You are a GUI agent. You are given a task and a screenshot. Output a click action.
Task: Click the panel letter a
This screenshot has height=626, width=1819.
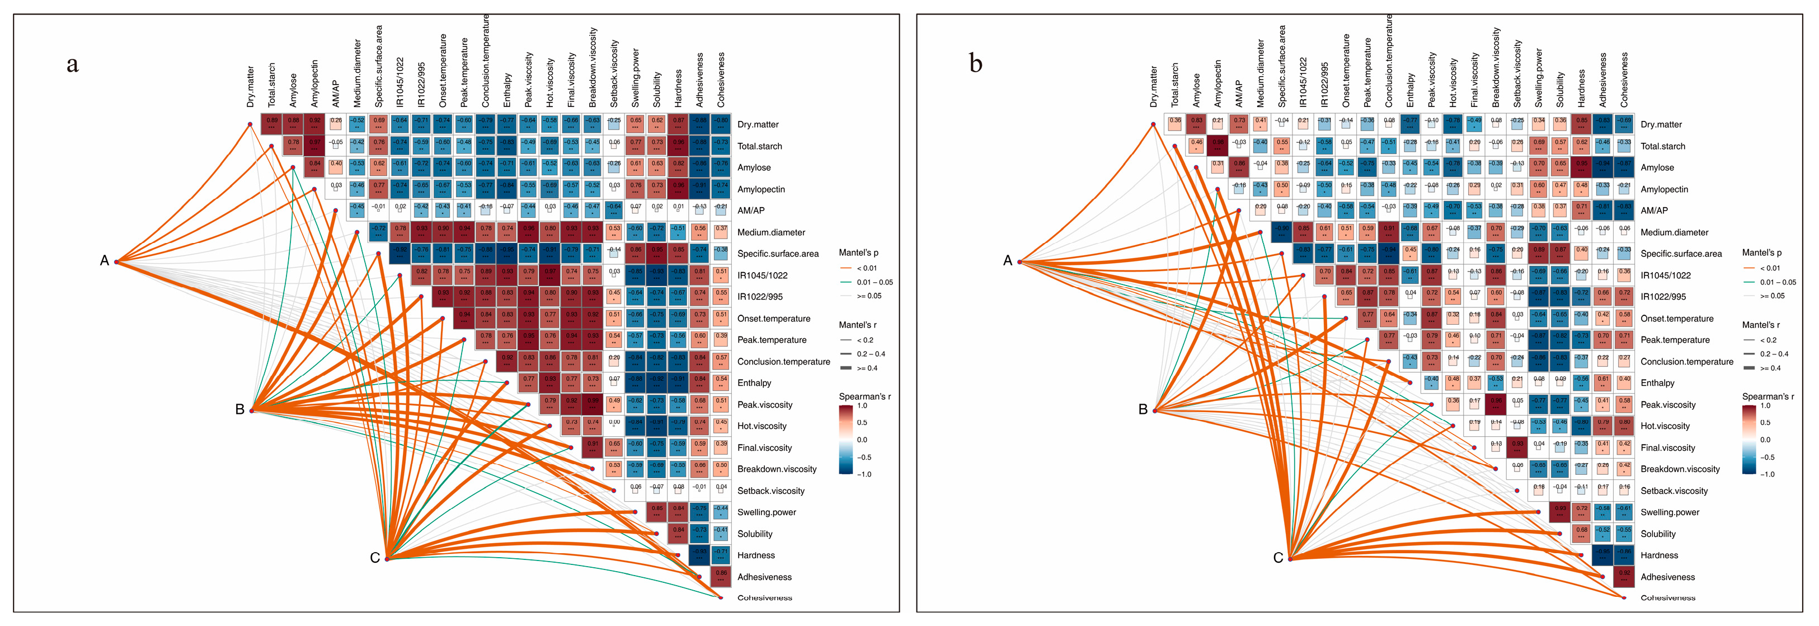pos(72,64)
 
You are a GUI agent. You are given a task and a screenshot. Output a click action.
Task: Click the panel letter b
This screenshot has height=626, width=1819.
pos(975,64)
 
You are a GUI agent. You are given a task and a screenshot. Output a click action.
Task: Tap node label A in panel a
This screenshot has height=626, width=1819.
pos(105,261)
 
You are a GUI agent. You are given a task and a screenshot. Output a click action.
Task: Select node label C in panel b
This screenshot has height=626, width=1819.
pos(1277,558)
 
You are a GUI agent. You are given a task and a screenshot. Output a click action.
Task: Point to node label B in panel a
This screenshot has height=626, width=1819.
pos(239,409)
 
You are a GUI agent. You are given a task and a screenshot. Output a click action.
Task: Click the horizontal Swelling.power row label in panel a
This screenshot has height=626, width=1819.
pos(766,512)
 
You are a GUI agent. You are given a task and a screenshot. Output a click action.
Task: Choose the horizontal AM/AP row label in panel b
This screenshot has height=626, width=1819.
pos(1654,211)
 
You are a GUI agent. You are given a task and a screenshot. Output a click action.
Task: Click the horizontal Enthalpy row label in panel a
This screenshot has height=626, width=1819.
pos(754,383)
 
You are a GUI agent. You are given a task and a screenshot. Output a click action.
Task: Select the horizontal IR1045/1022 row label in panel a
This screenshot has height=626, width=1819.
pos(762,275)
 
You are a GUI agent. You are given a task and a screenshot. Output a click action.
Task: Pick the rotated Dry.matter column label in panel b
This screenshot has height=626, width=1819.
pos(1154,86)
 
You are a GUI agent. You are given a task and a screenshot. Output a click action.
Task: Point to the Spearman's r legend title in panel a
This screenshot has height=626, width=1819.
pos(864,396)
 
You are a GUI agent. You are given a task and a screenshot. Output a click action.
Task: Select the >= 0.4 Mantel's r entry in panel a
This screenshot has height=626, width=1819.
pos(868,368)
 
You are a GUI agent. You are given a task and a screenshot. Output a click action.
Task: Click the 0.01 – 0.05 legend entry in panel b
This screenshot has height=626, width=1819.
pos(1778,282)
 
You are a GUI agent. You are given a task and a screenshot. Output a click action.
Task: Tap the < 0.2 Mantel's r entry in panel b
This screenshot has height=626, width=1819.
pos(1768,340)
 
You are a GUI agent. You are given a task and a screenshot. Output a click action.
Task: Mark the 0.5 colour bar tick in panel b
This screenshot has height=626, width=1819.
pos(1765,423)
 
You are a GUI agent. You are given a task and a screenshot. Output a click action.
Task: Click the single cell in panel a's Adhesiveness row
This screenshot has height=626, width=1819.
pos(721,577)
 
